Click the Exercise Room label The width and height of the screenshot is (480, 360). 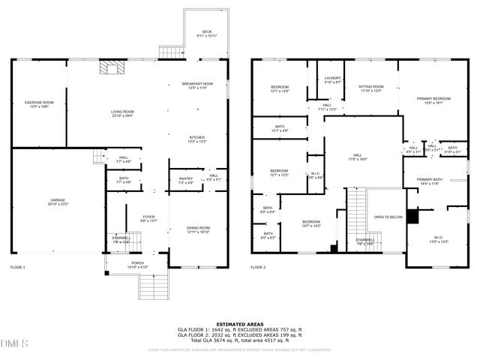point(38,103)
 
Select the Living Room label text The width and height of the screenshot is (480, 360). point(122,113)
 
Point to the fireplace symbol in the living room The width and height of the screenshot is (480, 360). point(111,70)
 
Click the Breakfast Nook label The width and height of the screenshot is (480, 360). point(197,85)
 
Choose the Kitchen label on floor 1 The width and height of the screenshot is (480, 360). point(197,139)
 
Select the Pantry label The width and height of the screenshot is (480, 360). point(185,180)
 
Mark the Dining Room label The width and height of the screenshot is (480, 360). point(198,229)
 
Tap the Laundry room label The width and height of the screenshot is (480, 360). point(333,79)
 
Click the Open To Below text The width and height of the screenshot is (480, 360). point(388,217)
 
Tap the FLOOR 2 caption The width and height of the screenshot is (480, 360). point(258,267)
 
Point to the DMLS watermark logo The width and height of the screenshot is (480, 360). point(14,343)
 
